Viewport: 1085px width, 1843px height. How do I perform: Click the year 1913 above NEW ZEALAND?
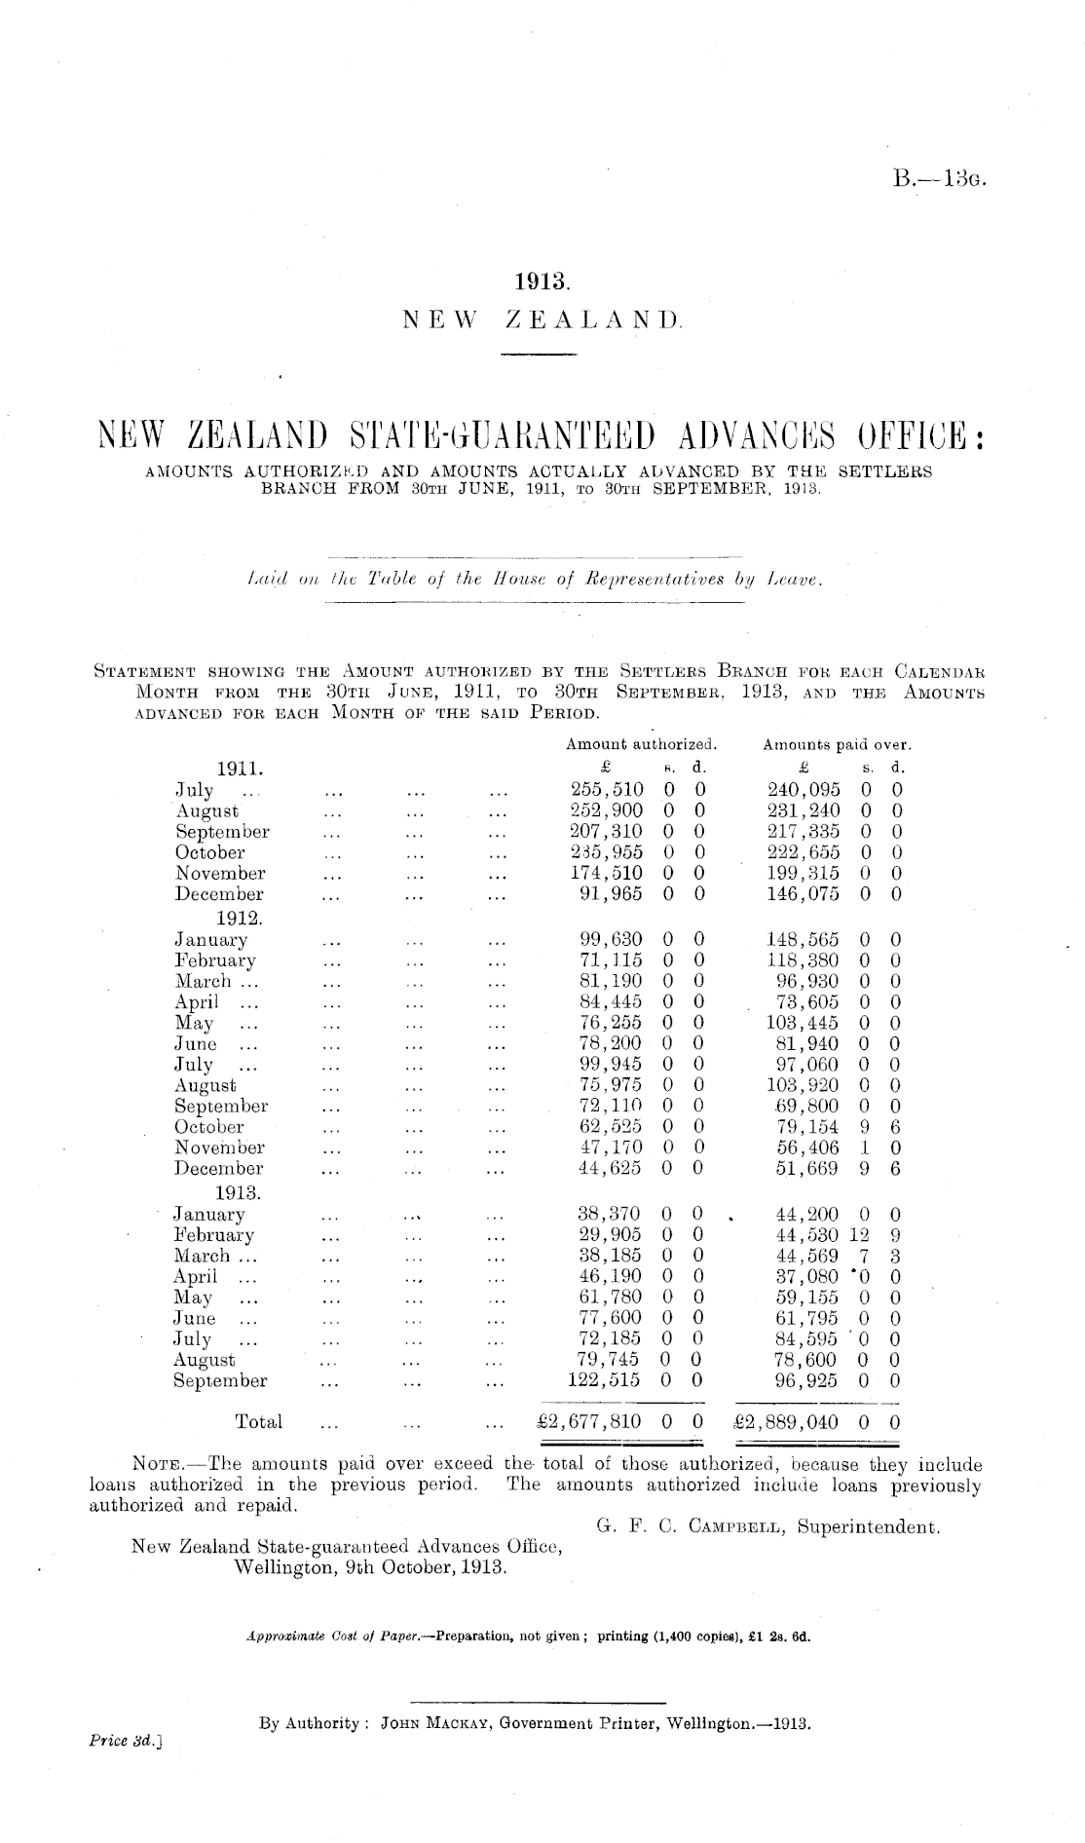pos(541,282)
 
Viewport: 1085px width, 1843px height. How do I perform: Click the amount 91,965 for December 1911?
pos(612,894)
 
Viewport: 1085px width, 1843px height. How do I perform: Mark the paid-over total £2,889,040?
pos(789,1421)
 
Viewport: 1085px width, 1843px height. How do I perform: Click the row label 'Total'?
pos(259,1422)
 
